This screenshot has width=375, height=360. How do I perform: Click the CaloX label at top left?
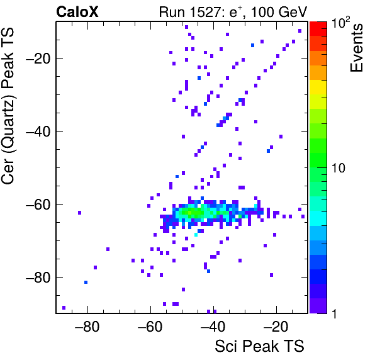pyautogui.click(x=77, y=12)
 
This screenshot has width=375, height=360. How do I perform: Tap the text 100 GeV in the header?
pyautogui.click(x=279, y=12)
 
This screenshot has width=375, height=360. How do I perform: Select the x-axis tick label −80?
pyautogui.click(x=87, y=326)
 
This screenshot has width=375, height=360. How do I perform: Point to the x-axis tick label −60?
pyautogui.click(x=150, y=326)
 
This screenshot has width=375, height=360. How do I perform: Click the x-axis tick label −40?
pyautogui.click(x=213, y=326)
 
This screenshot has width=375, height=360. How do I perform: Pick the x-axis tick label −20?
pyautogui.click(x=276, y=326)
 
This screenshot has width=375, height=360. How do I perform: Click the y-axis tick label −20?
pyautogui.click(x=38, y=58)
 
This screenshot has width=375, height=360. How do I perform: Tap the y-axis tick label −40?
pyautogui.click(x=38, y=131)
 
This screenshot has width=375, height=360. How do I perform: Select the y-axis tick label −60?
pyautogui.click(x=38, y=204)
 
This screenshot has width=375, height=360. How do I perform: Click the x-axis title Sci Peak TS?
pyautogui.click(x=259, y=346)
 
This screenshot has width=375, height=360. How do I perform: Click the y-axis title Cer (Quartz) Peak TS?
pyautogui.click(x=8, y=106)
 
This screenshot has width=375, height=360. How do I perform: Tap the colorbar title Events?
pyautogui.click(x=356, y=48)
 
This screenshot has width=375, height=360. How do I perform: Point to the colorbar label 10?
pyautogui.click(x=339, y=168)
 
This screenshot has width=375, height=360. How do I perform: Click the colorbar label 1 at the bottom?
pyautogui.click(x=334, y=313)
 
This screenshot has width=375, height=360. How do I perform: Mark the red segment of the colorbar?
pyautogui.click(x=318, y=29)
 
